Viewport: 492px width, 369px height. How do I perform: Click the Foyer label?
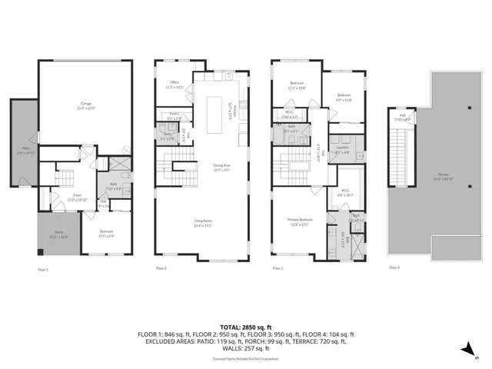[78, 197]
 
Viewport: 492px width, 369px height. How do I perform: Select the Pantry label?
[175, 117]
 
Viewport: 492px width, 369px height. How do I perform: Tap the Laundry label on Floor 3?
[342, 150]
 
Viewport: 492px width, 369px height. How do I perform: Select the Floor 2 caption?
[161, 268]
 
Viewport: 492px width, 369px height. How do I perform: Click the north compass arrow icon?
[467, 349]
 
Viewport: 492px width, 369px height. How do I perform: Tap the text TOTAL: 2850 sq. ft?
[245, 326]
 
